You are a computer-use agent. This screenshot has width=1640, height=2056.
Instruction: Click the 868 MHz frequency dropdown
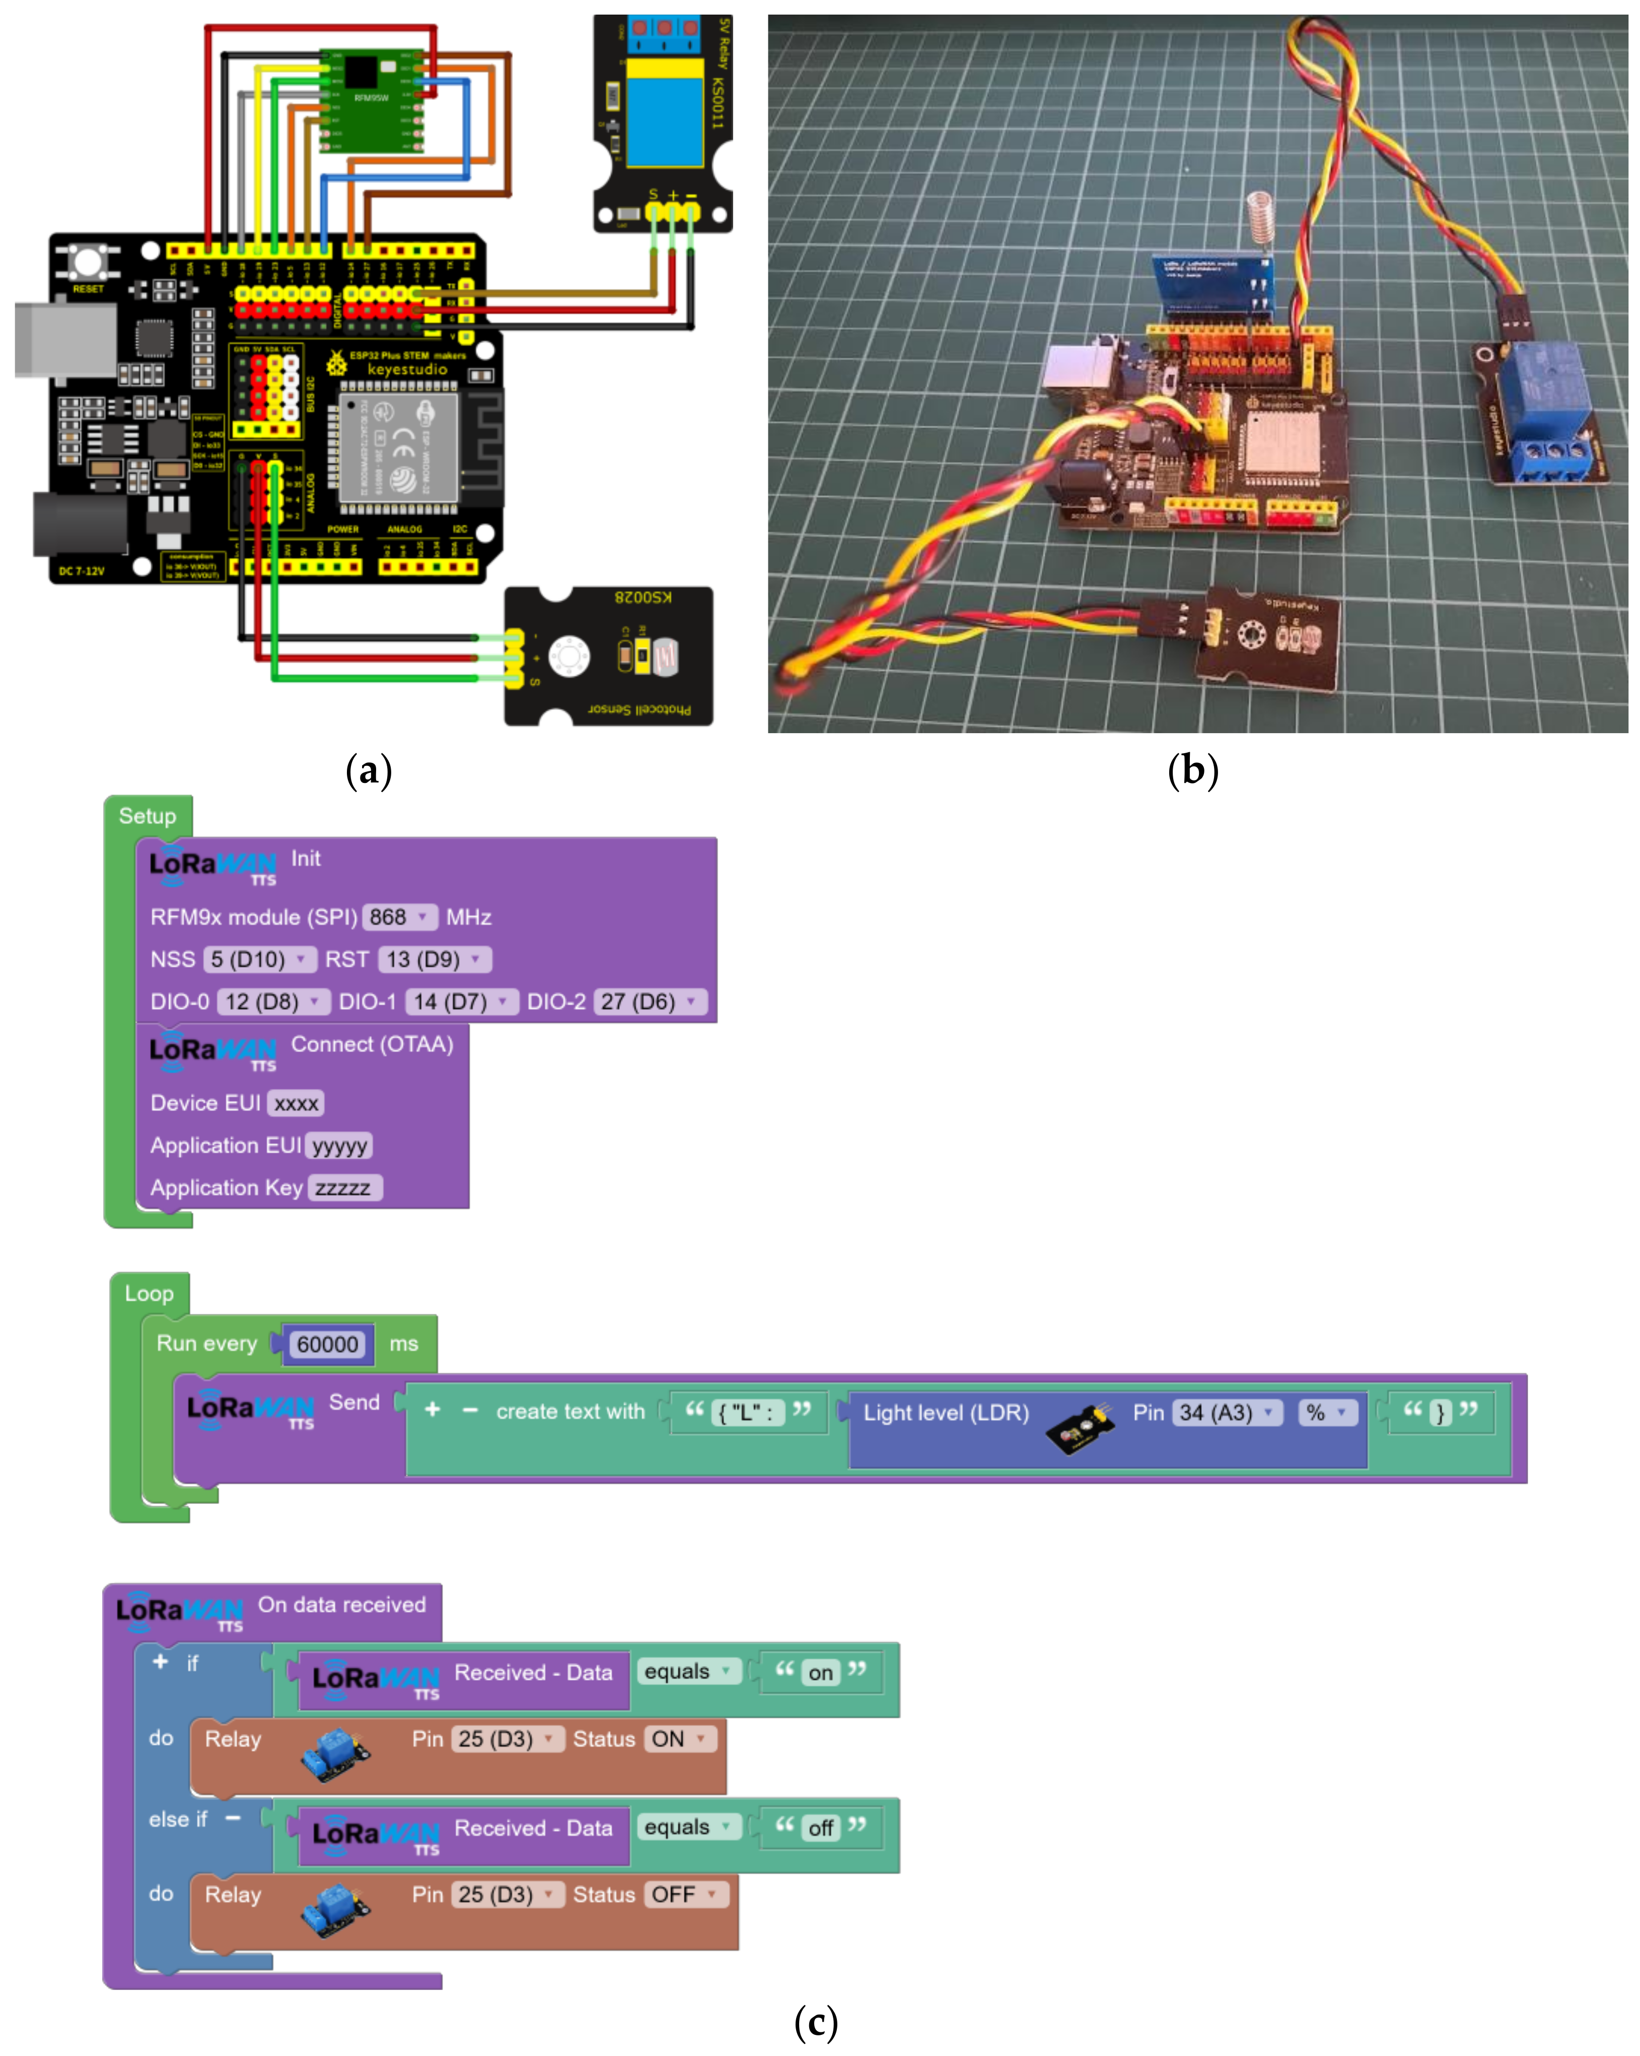click(x=399, y=917)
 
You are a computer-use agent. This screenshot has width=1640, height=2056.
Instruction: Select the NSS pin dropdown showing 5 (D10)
click(x=258, y=960)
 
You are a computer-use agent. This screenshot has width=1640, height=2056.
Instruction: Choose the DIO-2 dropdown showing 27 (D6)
click(x=649, y=1001)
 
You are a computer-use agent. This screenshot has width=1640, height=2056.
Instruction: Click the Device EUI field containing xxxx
click(x=296, y=1103)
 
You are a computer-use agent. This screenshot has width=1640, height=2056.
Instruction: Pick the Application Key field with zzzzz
click(x=343, y=1188)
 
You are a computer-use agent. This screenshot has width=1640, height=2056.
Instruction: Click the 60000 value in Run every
click(x=327, y=1345)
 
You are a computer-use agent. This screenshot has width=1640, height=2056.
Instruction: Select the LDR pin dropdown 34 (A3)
click(x=1226, y=1413)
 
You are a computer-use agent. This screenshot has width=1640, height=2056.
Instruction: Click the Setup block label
click(x=148, y=816)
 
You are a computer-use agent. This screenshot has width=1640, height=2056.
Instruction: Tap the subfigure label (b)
click(x=1192, y=770)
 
